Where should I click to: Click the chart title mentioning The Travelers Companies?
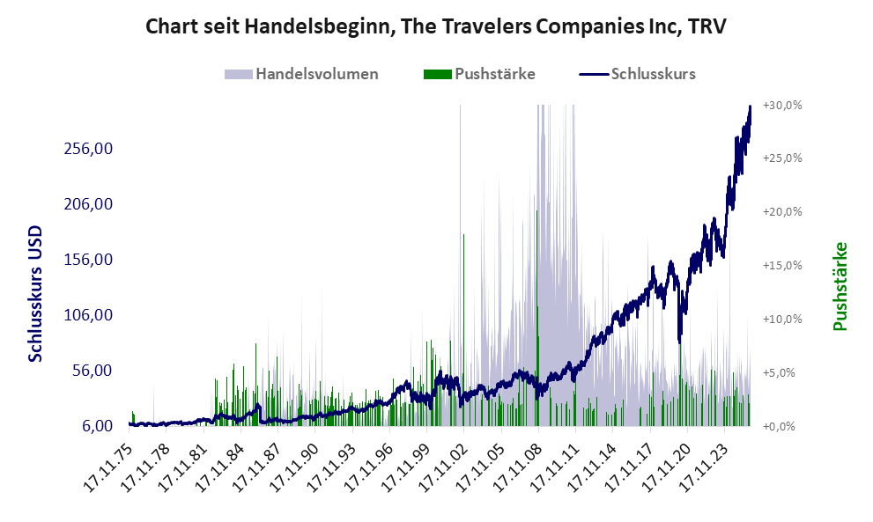[435, 26]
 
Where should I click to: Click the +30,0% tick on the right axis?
[782, 105]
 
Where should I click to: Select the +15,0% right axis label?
[782, 265]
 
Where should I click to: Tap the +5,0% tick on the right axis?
[782, 372]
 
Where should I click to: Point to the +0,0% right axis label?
[782, 426]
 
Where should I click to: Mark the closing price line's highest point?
[750, 107]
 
